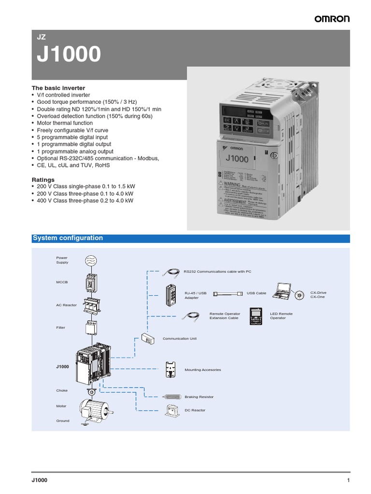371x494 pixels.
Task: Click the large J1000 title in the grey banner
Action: click(x=69, y=55)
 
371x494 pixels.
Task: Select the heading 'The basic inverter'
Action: click(x=58, y=88)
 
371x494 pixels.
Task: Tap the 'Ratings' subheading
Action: click(x=43, y=179)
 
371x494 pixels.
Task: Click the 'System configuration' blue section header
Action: click(x=68, y=238)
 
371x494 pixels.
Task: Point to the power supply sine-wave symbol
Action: click(x=91, y=261)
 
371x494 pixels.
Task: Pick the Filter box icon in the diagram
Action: click(x=92, y=328)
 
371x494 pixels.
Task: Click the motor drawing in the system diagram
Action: click(x=95, y=407)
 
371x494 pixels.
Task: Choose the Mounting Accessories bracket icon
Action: click(x=170, y=369)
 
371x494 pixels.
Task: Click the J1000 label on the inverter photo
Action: click(x=236, y=158)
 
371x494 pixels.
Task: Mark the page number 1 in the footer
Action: click(x=348, y=480)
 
